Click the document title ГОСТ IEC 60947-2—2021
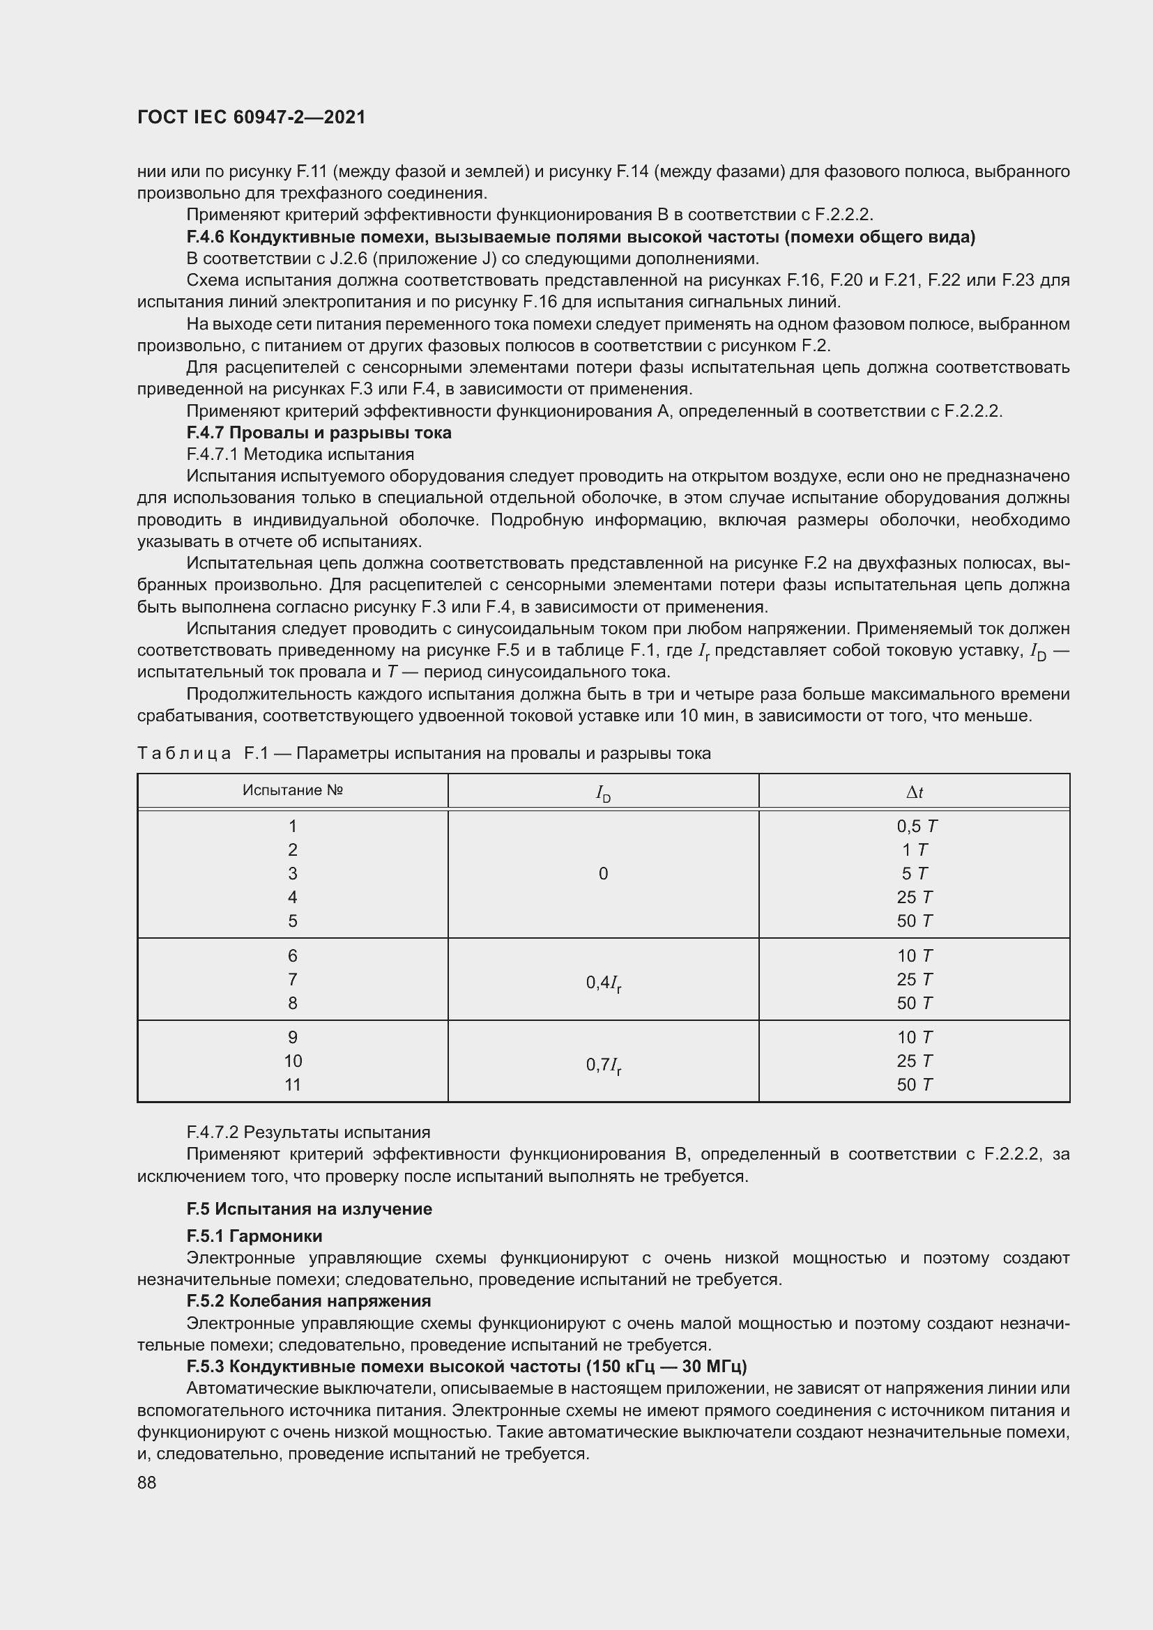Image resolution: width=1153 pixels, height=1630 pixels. [x=252, y=117]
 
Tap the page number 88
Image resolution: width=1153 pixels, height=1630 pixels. [x=147, y=1482]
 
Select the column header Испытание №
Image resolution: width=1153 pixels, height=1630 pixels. [x=293, y=790]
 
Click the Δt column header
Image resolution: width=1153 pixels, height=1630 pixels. [x=914, y=792]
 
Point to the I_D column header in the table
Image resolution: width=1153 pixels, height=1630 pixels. [x=603, y=793]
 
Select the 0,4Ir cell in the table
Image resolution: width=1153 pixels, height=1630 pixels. [x=604, y=983]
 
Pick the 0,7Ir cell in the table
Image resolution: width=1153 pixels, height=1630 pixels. [x=604, y=1064]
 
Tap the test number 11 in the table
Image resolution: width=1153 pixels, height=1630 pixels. [x=293, y=1084]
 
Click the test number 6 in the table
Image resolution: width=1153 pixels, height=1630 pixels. [x=293, y=955]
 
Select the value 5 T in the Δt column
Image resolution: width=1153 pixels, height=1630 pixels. [x=915, y=873]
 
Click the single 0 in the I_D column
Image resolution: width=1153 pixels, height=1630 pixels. [x=603, y=874]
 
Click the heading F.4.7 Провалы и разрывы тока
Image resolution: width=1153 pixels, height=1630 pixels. [x=319, y=432]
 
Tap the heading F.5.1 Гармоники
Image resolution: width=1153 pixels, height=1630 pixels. [x=254, y=1236]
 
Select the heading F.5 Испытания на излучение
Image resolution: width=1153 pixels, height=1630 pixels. [x=309, y=1208]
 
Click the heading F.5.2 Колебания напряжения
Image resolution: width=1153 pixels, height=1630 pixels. [x=309, y=1300]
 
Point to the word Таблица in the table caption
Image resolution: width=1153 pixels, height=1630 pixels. [x=184, y=753]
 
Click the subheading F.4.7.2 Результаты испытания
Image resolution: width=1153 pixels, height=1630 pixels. [x=308, y=1132]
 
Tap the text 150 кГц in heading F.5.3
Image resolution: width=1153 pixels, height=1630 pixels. [x=627, y=1366]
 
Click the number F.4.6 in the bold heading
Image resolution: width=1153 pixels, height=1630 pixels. [x=205, y=237]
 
